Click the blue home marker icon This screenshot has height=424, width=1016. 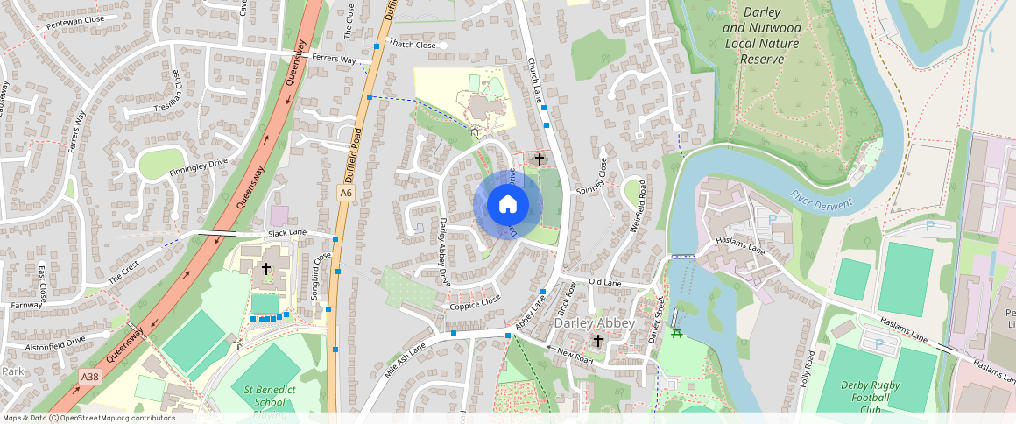point(507,205)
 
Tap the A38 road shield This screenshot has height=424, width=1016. point(88,377)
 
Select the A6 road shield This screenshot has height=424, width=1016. point(346,193)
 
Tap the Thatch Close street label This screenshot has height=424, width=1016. point(413,45)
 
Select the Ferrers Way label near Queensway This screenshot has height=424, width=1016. point(336,60)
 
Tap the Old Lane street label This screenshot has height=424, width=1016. point(604,282)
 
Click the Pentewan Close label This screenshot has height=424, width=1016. point(75,18)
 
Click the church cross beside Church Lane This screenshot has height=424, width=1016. point(540,159)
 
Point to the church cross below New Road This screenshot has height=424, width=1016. point(598,340)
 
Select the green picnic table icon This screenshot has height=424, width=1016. point(676,333)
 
